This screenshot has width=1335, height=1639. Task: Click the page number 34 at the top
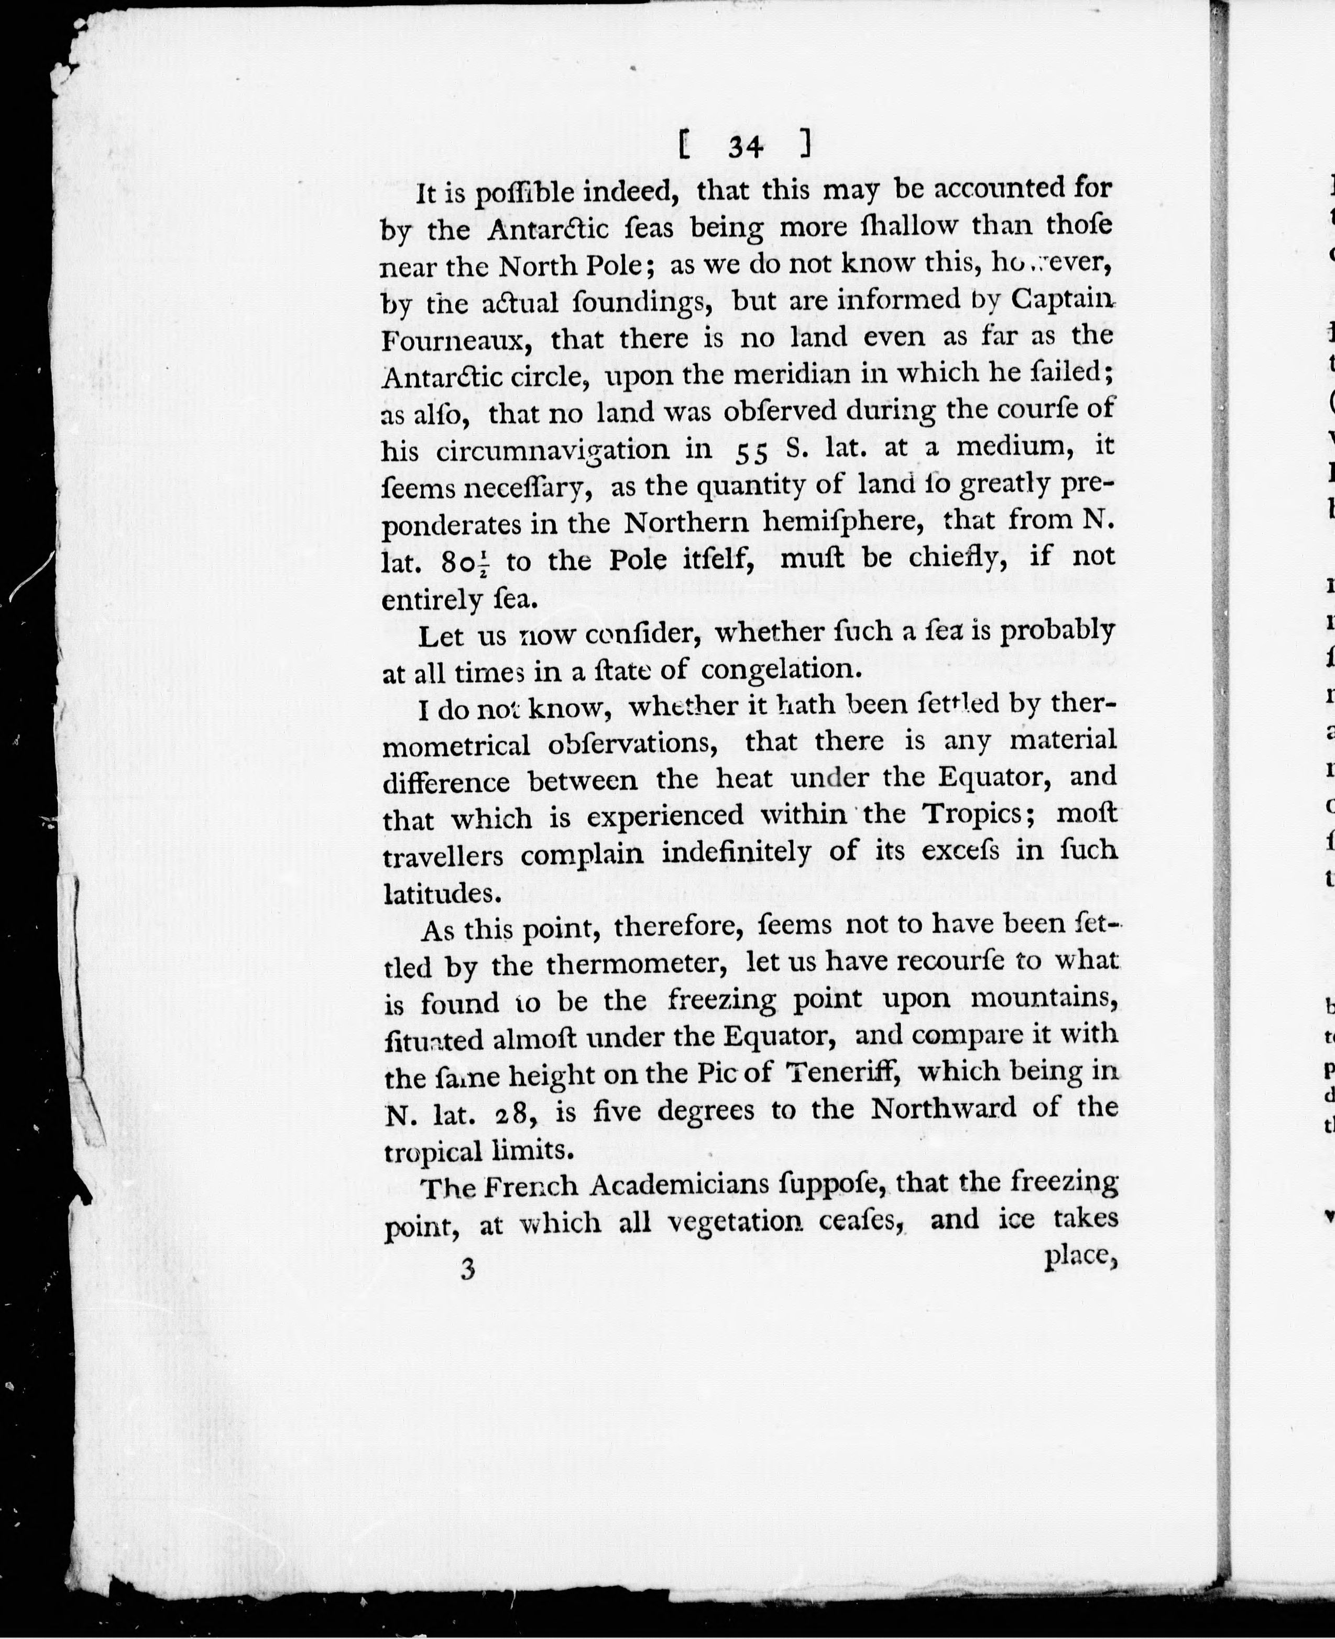click(745, 146)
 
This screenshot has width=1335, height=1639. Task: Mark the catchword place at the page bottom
click(1078, 1255)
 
